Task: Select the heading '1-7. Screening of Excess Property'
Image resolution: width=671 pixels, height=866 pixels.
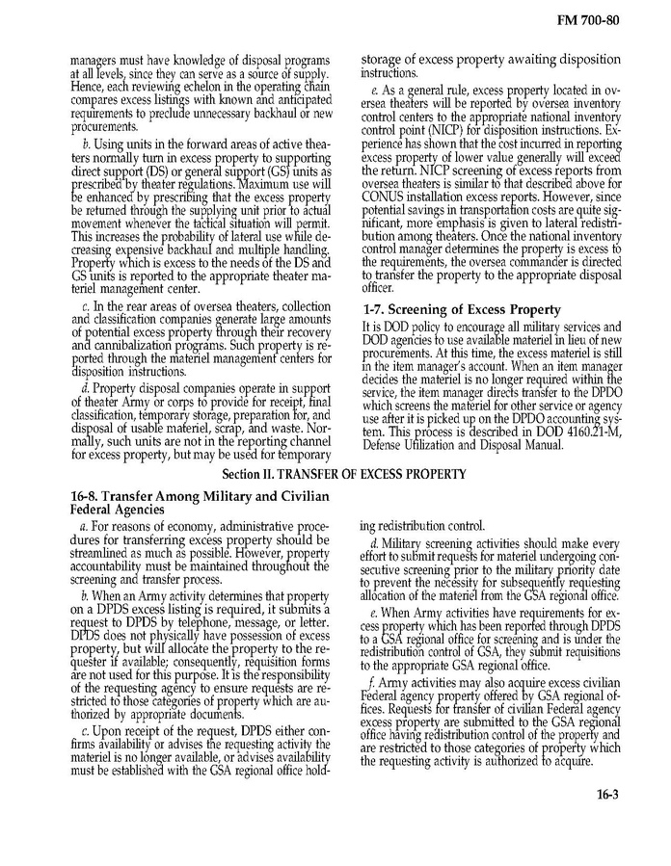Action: click(462, 309)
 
